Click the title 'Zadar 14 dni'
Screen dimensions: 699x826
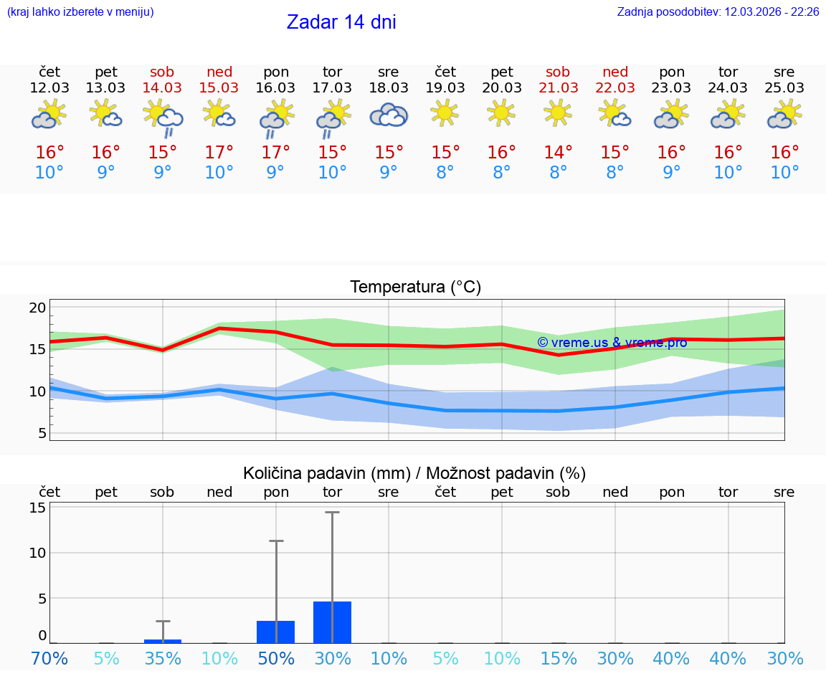[x=341, y=22]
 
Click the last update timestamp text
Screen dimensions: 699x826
[x=718, y=12]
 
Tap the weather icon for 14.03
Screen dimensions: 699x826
[x=163, y=117]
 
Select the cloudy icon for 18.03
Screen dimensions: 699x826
[x=389, y=115]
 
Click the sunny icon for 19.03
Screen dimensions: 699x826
[x=445, y=113]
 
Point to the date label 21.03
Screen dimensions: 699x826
[x=558, y=87]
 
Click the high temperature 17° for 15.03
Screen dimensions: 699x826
[x=219, y=152]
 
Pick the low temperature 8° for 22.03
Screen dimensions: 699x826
[x=614, y=172]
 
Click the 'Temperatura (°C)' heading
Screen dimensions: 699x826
[x=415, y=287]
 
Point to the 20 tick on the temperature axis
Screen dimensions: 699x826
[x=37, y=308]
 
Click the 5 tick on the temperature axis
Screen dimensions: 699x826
[x=42, y=432]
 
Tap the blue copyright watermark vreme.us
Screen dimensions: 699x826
[x=612, y=343]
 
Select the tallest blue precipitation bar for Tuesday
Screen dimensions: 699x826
[x=332, y=622]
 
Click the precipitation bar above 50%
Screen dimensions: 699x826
[x=276, y=632]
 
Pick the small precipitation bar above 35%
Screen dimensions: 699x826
[x=163, y=640]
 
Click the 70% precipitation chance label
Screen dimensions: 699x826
[x=49, y=659]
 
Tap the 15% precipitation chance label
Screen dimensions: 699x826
[x=558, y=659]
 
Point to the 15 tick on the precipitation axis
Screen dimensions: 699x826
[x=37, y=508]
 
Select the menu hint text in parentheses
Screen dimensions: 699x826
[x=80, y=12]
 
